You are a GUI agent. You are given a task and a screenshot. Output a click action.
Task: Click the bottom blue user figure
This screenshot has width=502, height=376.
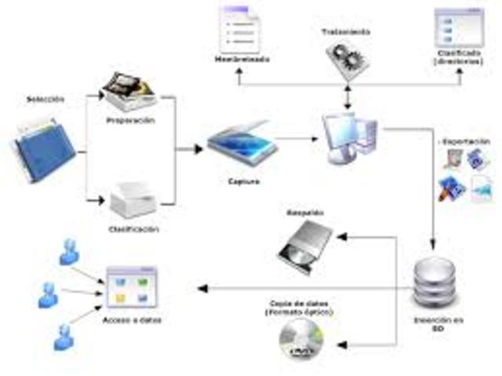(64, 334)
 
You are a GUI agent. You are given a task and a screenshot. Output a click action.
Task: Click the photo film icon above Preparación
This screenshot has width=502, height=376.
(131, 90)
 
